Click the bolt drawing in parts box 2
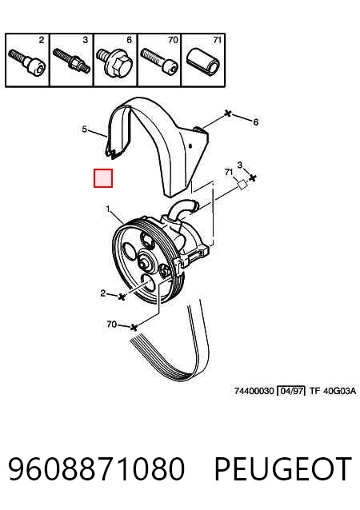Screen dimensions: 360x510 (27, 62)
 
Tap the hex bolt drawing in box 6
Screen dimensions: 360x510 (114, 63)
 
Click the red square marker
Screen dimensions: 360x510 (103, 178)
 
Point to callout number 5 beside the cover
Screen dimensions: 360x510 (84, 129)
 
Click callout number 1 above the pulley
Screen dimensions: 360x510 (108, 209)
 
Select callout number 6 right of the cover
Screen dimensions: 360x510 (256, 122)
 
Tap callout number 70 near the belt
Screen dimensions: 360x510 (111, 325)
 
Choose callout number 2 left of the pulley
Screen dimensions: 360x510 (103, 293)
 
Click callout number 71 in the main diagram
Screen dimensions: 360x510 (229, 172)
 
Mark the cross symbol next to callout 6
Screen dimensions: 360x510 (228, 114)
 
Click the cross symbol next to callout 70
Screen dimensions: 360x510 (134, 328)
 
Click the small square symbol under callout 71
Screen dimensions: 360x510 (242, 185)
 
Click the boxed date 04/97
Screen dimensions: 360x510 (291, 391)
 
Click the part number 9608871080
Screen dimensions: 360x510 (97, 468)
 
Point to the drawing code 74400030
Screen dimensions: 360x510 (254, 391)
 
